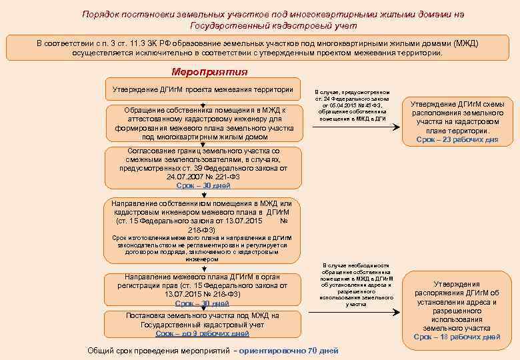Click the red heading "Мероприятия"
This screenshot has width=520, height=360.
coord(209,72)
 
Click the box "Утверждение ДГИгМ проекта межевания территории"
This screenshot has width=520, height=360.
coord(203,89)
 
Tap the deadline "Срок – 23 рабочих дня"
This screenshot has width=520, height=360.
coord(457,140)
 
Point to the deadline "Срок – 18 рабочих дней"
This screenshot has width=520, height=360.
coord(457,337)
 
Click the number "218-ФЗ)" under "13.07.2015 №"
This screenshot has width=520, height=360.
coord(202,229)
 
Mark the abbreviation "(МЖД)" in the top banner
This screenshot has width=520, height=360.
coord(465,43)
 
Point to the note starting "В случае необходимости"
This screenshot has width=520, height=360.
coord(356,284)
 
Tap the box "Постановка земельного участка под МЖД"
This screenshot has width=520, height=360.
coord(203,324)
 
